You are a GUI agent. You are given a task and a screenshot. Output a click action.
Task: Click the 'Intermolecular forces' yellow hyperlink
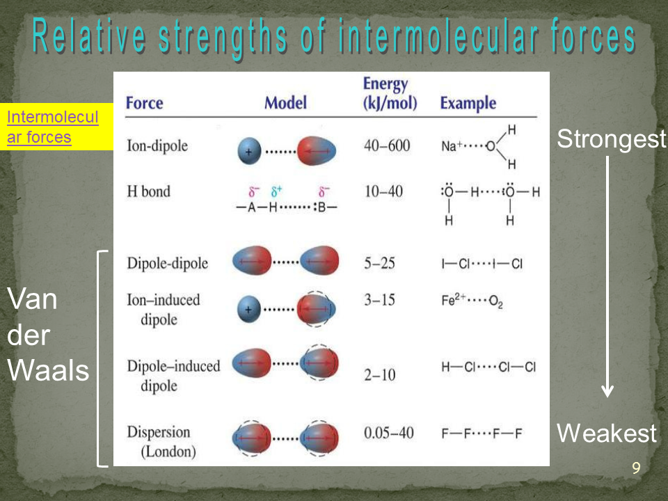[x=52, y=127]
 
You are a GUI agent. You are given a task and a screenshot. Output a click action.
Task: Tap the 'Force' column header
[x=145, y=103]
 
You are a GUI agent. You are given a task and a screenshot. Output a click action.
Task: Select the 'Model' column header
[x=285, y=103]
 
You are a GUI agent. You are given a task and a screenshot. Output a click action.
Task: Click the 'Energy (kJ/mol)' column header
[x=390, y=93]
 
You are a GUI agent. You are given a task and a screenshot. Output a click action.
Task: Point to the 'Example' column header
[x=468, y=103]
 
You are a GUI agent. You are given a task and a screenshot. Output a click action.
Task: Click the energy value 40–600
[x=387, y=145]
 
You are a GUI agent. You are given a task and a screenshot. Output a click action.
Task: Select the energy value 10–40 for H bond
[x=383, y=191]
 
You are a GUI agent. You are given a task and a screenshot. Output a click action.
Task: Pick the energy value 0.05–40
[x=388, y=433]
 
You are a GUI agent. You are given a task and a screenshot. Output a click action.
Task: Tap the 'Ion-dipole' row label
[x=157, y=145]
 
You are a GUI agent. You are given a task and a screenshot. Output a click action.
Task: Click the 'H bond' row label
[x=148, y=191]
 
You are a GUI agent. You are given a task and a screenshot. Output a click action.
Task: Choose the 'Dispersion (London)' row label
[x=161, y=441]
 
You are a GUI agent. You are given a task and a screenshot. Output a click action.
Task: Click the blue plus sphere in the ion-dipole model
[x=249, y=151]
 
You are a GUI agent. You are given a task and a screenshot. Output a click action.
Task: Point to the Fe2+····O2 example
[x=472, y=301]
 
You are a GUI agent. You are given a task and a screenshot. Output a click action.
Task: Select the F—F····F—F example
[x=482, y=434]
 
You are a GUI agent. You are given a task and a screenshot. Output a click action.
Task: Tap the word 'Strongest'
[x=612, y=139]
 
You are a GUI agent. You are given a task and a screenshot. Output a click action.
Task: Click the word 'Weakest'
[x=607, y=434]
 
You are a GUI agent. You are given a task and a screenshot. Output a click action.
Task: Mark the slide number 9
[x=636, y=468]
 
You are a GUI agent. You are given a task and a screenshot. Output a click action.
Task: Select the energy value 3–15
[x=379, y=300]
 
